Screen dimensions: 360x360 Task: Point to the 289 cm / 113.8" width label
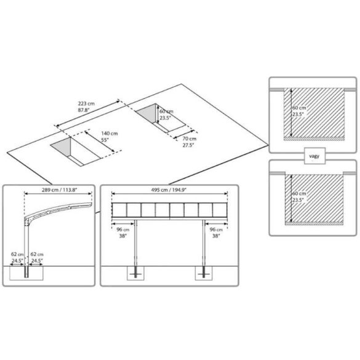(60, 190)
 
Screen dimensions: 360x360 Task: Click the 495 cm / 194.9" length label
(169, 190)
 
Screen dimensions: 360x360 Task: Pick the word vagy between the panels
(314, 156)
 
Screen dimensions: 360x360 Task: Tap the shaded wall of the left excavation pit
(62, 147)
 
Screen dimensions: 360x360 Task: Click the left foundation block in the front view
(135, 273)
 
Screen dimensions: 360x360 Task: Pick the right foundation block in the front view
(204, 273)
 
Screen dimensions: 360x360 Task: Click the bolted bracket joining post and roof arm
(27, 222)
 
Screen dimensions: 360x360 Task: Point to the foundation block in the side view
(26, 273)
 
